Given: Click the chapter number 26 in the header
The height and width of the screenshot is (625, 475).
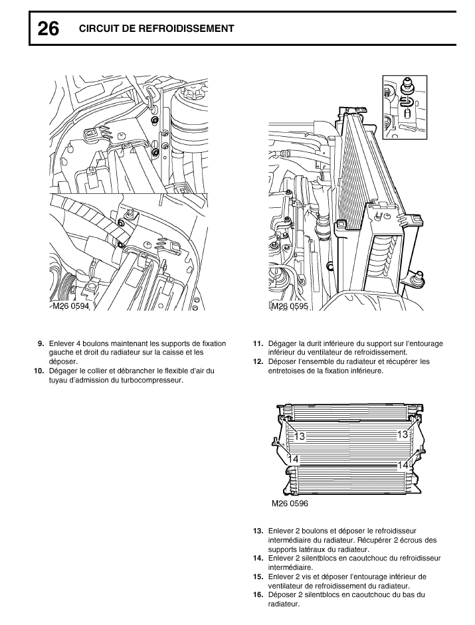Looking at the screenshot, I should tap(48, 29).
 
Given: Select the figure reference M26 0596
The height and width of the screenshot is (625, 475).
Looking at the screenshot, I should tap(290, 503).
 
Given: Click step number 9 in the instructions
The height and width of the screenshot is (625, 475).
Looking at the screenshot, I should tap(41, 343).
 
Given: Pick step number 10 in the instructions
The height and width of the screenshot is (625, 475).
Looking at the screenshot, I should tap(39, 371).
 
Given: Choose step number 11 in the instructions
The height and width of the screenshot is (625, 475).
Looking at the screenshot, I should tap(258, 343).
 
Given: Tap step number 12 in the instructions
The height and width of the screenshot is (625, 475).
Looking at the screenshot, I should tap(258, 361).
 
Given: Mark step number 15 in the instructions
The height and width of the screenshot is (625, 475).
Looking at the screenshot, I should tap(258, 577).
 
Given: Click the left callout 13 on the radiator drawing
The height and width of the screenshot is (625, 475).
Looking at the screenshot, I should tap(300, 436).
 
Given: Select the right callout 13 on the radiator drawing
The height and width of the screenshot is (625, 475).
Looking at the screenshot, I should tap(402, 434).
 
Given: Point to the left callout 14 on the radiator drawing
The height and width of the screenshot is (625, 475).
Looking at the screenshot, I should tap(293, 459).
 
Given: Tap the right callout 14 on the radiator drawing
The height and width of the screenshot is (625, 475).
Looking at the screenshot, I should tap(403, 466).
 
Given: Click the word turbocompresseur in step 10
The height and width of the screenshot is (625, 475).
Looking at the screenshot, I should tap(151, 380).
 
